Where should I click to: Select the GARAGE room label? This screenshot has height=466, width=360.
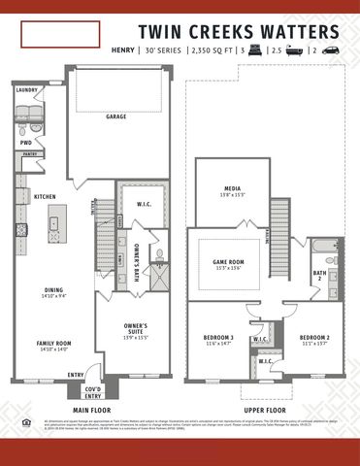coord(117,116)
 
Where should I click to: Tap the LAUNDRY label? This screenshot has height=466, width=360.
coord(26,90)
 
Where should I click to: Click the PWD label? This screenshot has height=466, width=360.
coord(26,142)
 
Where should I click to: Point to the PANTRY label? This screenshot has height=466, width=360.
coord(30,153)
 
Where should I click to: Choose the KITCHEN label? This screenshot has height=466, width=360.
coord(45,196)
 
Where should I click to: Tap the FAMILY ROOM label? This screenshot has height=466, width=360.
coord(53,344)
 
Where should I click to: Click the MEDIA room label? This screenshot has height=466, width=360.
coord(232,190)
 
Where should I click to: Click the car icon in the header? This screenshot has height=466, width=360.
coord(331,48)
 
